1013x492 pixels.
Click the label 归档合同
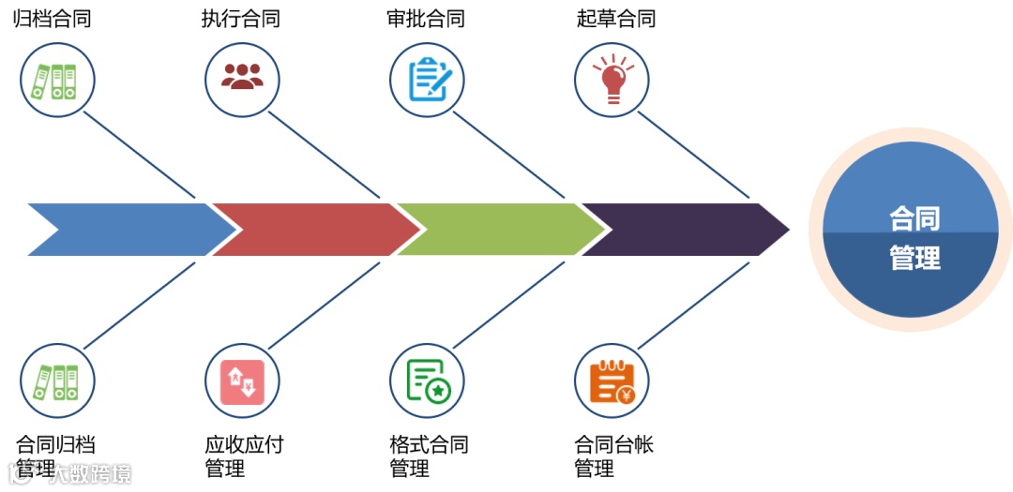click(x=52, y=19)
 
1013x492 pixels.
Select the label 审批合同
click(x=425, y=19)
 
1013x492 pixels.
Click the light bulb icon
click(x=612, y=80)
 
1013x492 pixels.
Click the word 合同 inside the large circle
click(x=914, y=218)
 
